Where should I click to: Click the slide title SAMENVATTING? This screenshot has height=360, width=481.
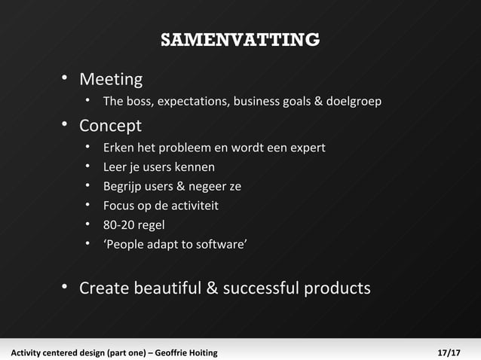[x=240, y=39]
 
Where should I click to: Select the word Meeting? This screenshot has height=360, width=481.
[x=111, y=79]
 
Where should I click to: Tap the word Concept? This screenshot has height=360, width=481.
[x=110, y=125]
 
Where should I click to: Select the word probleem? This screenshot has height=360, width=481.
[x=174, y=148]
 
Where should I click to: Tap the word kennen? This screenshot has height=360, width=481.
[x=195, y=167]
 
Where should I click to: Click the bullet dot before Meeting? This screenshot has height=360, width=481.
[x=66, y=78]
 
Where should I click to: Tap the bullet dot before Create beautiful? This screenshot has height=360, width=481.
[x=66, y=287]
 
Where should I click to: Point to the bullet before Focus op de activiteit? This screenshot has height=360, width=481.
[x=88, y=205]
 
